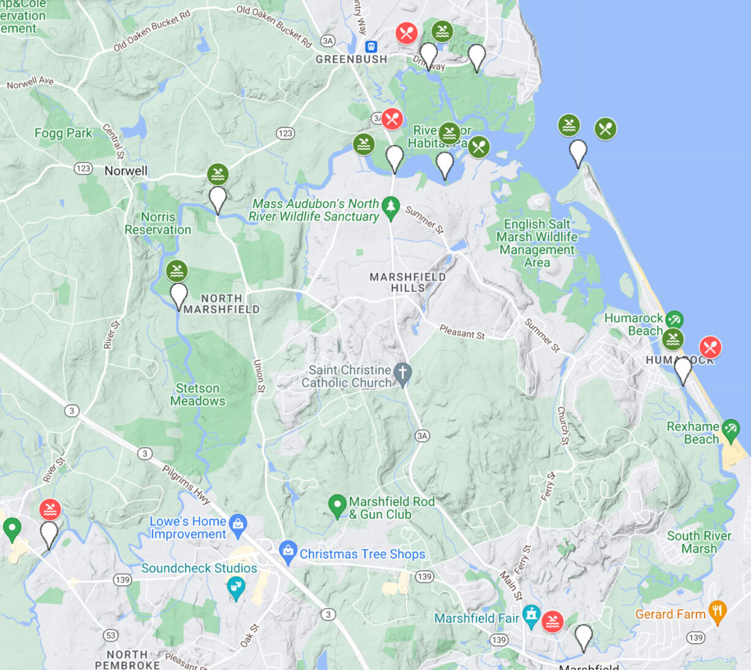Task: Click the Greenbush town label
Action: (x=351, y=59)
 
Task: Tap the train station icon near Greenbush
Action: (x=371, y=47)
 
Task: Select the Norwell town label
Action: (x=126, y=171)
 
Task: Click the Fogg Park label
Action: (x=63, y=133)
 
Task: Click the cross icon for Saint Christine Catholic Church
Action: (x=402, y=373)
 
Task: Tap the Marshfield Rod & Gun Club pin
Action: (x=337, y=505)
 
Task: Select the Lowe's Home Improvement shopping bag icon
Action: (x=238, y=523)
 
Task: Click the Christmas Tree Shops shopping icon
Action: (x=287, y=551)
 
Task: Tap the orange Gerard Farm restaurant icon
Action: (x=717, y=611)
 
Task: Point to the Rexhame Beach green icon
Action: (x=730, y=429)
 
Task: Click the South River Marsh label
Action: (x=699, y=542)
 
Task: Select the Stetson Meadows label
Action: (x=197, y=395)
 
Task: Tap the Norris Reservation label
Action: (x=158, y=223)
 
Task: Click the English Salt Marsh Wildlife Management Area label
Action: (x=537, y=243)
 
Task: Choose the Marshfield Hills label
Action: (x=407, y=282)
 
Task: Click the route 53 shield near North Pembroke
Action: (x=111, y=635)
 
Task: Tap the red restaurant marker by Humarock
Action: (x=710, y=348)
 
